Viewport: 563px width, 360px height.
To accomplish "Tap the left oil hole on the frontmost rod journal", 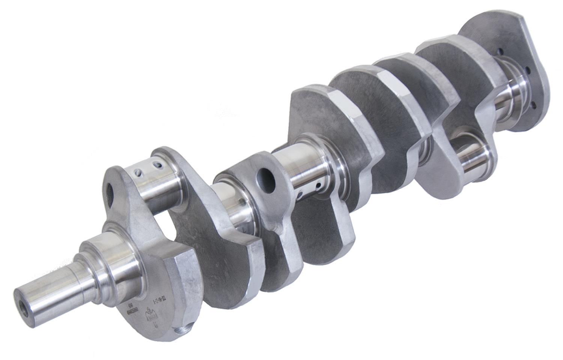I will point(139,173).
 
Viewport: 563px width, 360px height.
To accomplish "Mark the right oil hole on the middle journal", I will point(319,186).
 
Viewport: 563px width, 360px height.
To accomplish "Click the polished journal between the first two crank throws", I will point(233,210).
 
